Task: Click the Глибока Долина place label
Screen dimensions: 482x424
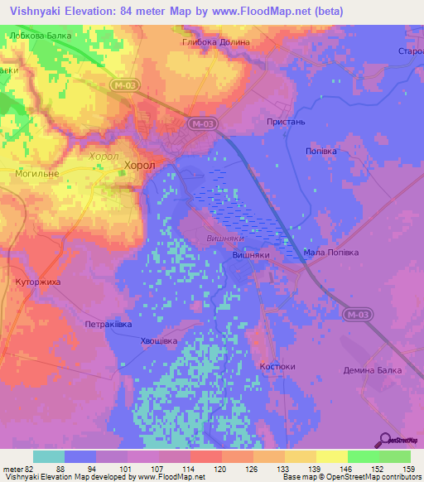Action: click(215, 41)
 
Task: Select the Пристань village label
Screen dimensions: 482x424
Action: click(287, 121)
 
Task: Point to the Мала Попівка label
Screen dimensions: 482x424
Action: click(330, 253)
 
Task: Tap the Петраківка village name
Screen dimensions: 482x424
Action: click(108, 325)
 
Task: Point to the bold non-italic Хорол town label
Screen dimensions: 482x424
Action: click(139, 166)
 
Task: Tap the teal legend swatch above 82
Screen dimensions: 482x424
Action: click(49, 456)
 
